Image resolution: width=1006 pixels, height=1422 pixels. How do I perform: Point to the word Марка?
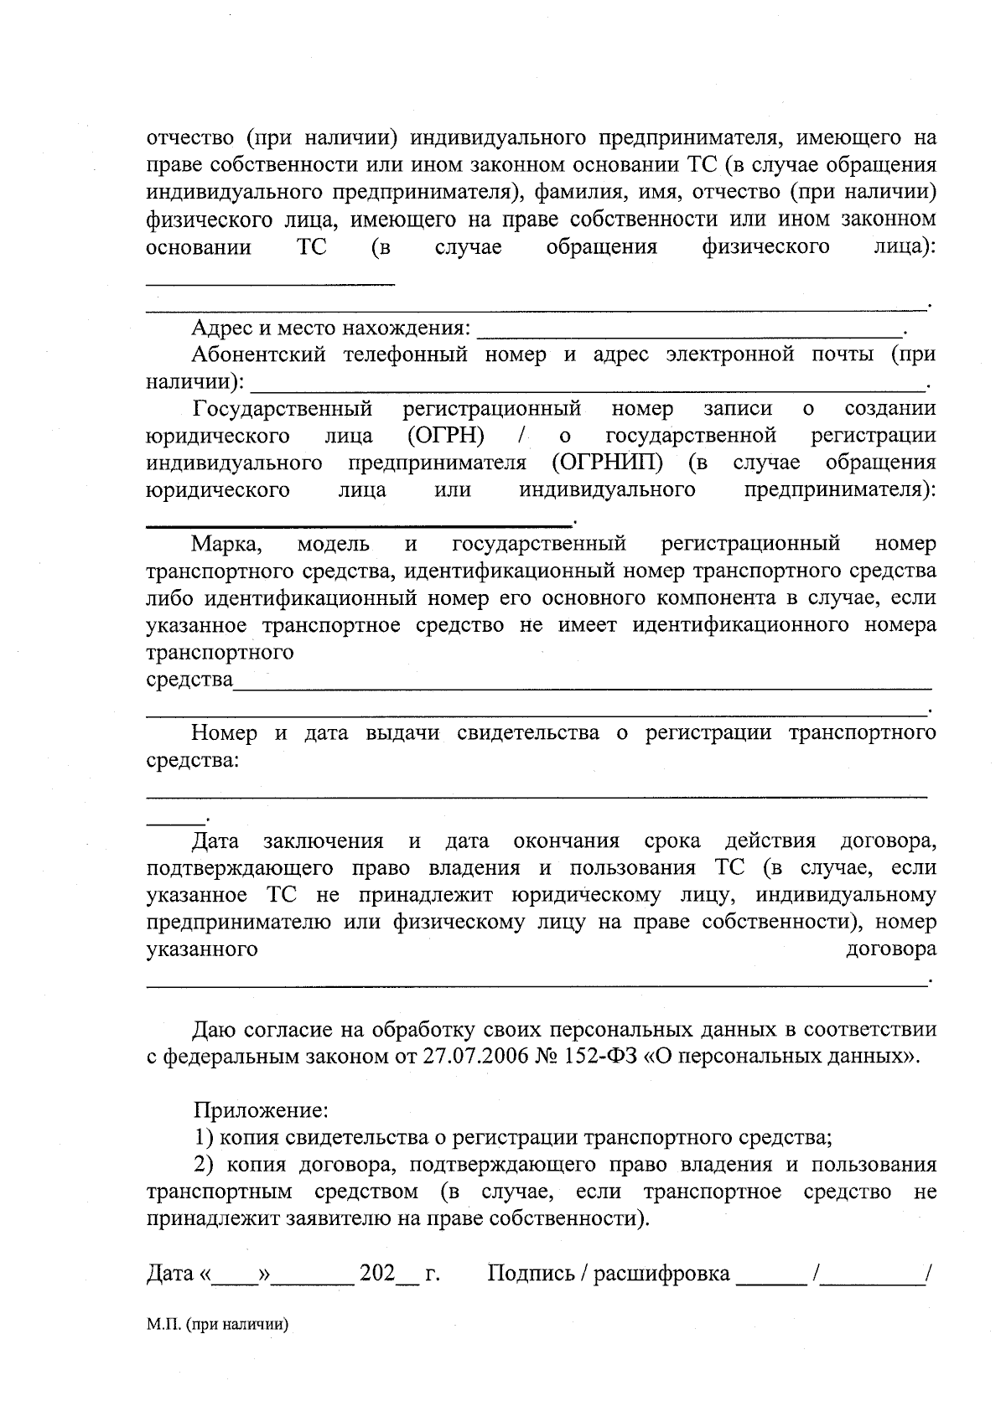click(x=227, y=545)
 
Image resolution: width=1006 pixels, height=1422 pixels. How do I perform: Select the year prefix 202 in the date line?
click(x=376, y=1274)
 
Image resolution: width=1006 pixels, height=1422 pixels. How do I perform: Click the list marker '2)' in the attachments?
click(x=206, y=1165)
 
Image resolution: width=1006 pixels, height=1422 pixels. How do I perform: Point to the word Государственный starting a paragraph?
click(x=283, y=409)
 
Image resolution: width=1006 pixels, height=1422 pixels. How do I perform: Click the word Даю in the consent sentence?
click(x=215, y=1030)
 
